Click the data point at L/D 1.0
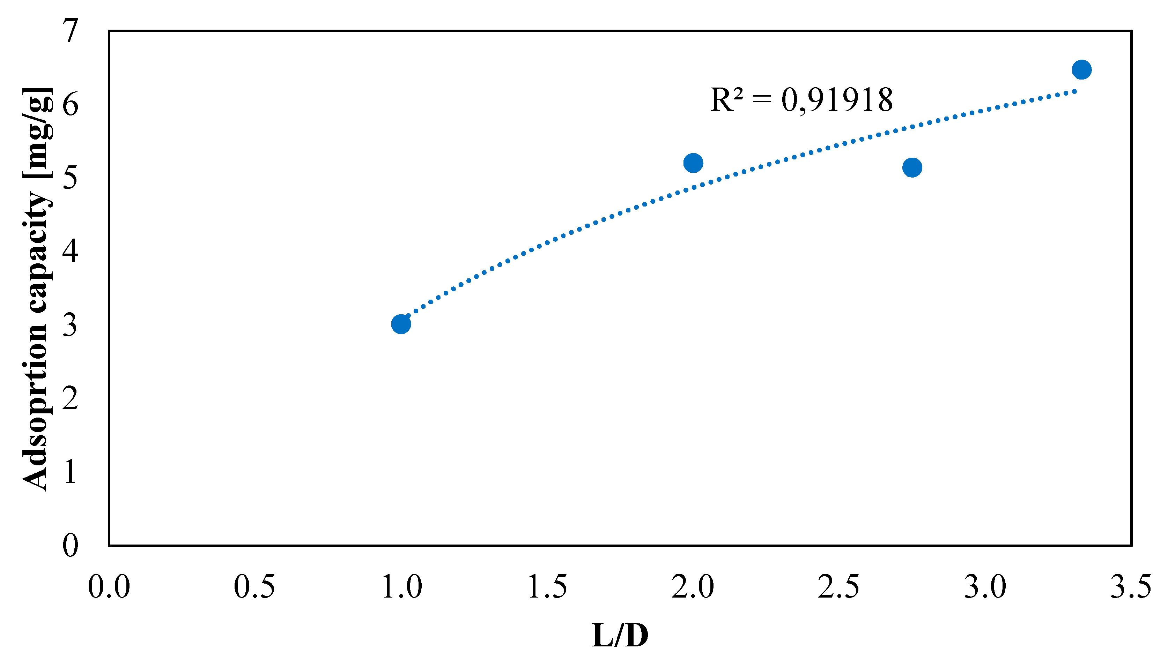[x=401, y=324]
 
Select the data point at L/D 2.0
[x=693, y=163]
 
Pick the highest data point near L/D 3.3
[x=1082, y=70]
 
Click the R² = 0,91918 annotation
[x=801, y=100]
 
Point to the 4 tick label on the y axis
[x=70, y=251]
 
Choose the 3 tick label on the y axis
[x=70, y=324]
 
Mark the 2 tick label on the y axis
[x=70, y=398]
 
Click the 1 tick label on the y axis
[x=70, y=471]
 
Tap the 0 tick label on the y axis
[x=70, y=545]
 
